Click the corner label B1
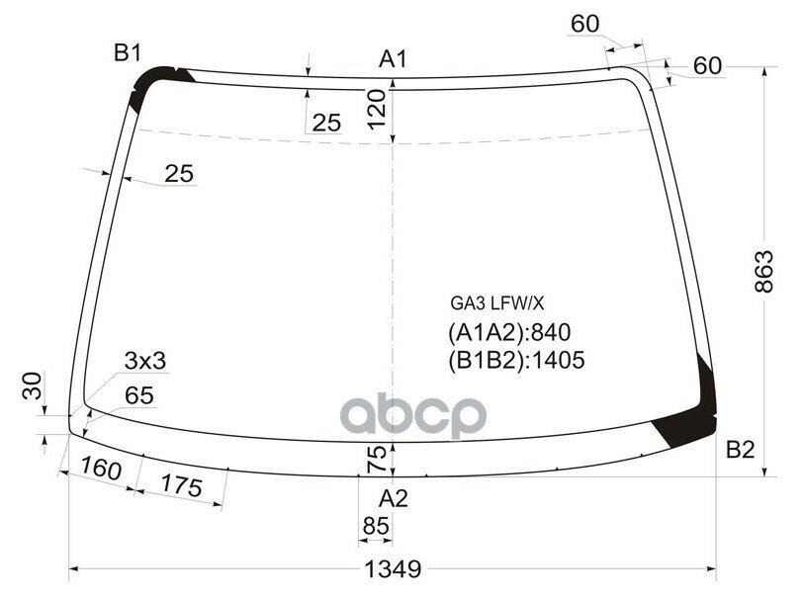pos(127,53)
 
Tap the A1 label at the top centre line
pos(394,60)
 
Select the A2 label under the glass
pos(394,498)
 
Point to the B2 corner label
pos(740,451)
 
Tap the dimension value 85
pos(376,528)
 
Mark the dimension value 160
pos(101,469)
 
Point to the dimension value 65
pos(139,395)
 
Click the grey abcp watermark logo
pos(414,416)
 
